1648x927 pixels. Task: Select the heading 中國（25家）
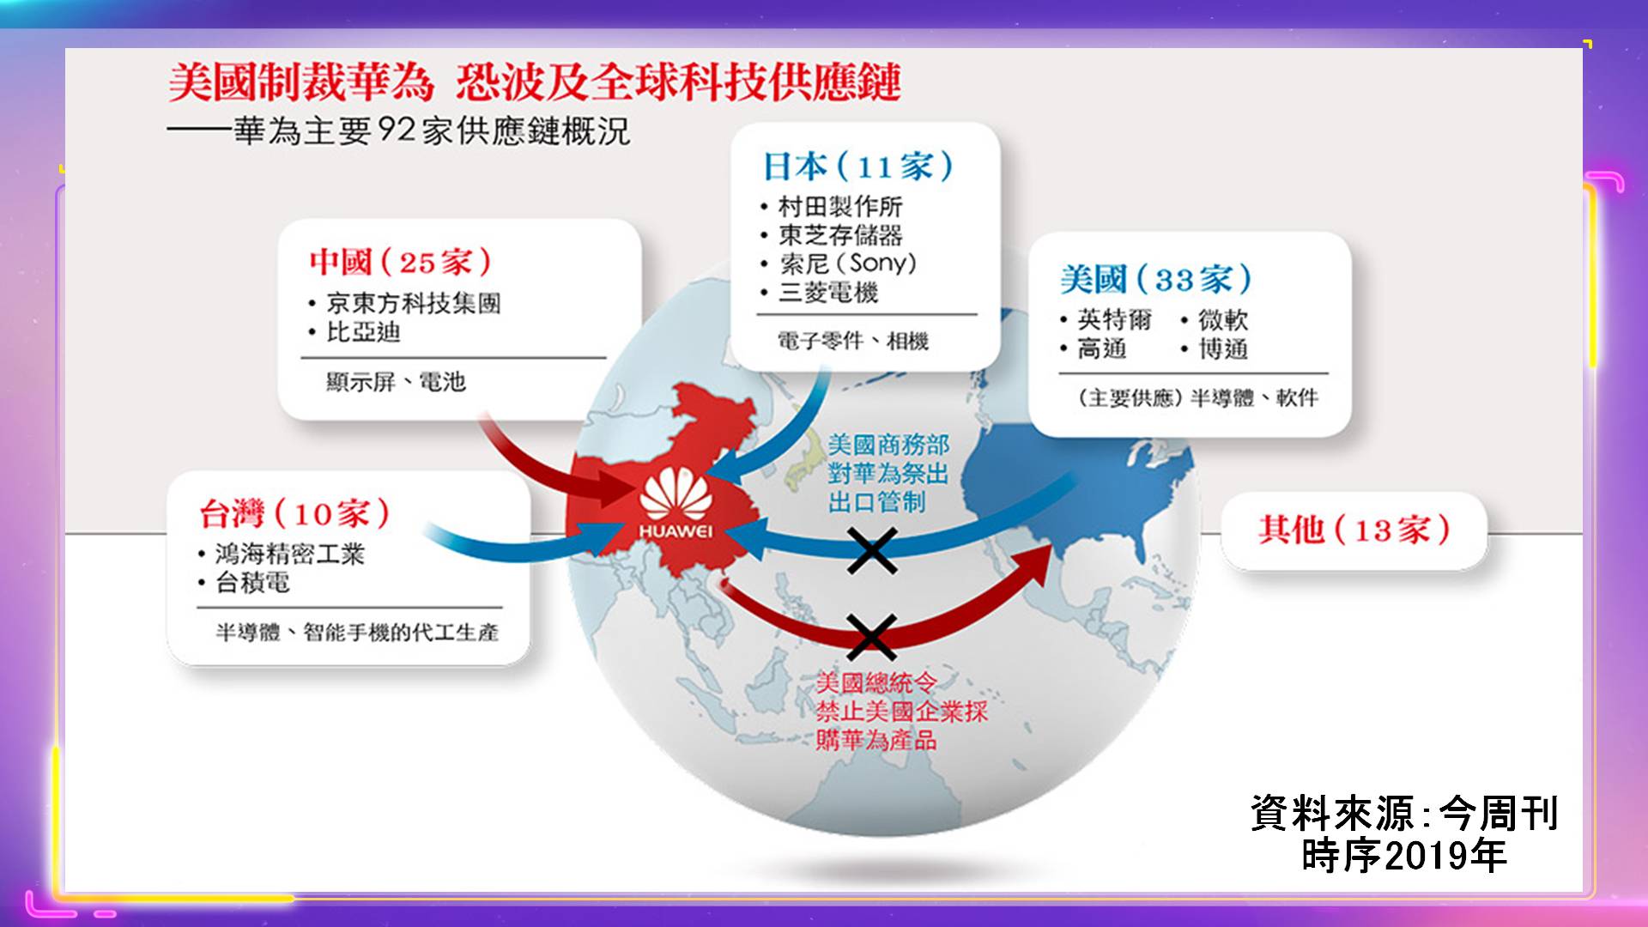point(401,262)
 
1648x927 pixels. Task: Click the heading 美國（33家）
point(1156,279)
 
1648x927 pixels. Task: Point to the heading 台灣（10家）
point(294,513)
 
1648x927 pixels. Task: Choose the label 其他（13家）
point(1354,530)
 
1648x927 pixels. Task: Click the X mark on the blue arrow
point(872,550)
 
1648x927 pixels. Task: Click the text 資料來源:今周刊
point(1404,814)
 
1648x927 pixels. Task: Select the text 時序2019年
point(1404,856)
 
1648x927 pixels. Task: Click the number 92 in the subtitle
point(397,130)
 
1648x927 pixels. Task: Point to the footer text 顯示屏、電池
point(396,382)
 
